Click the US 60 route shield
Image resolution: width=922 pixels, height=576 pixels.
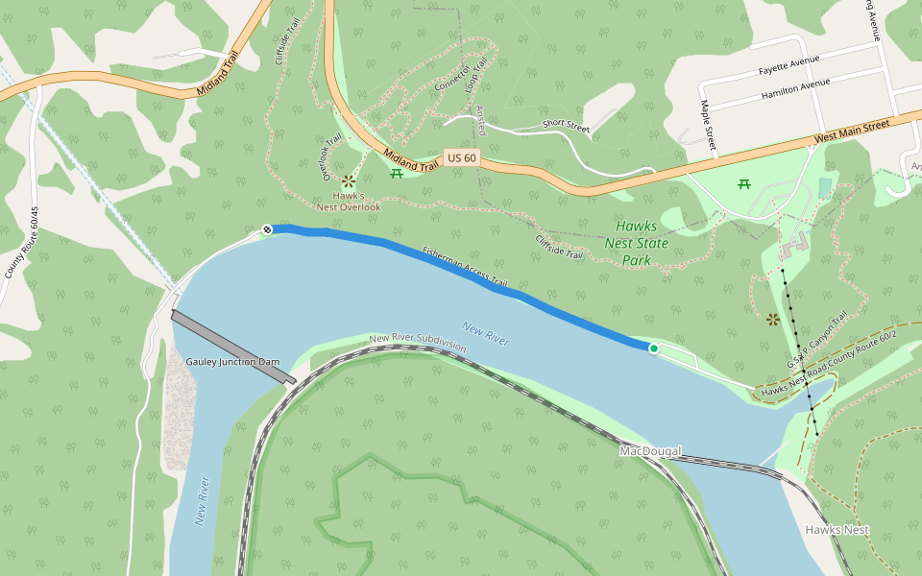click(x=461, y=157)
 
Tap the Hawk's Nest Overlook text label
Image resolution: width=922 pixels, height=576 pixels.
click(x=349, y=201)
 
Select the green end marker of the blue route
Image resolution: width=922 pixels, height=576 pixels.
click(x=654, y=348)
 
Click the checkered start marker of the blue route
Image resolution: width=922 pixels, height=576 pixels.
click(x=268, y=229)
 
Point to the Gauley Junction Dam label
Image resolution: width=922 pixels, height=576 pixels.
click(x=232, y=362)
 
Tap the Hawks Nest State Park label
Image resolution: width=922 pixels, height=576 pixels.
click(x=636, y=244)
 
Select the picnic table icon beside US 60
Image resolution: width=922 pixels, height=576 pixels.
click(x=396, y=173)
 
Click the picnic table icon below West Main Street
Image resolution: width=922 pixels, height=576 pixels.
click(x=743, y=183)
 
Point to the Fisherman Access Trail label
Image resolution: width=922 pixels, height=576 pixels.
click(x=464, y=268)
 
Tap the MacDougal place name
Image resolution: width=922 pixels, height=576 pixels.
click(x=650, y=451)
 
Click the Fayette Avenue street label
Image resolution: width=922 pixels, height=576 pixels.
click(x=788, y=65)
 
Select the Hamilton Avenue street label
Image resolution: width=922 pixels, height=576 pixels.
click(x=794, y=87)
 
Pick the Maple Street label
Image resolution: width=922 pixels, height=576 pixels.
click(x=709, y=126)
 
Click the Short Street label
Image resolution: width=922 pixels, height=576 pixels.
click(x=565, y=124)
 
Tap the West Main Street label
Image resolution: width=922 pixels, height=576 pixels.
click(x=852, y=132)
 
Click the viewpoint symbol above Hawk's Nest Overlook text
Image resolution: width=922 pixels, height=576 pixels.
click(x=348, y=180)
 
